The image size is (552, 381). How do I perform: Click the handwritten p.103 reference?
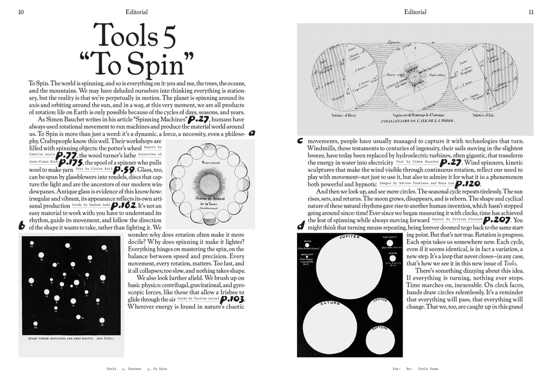coord(233,299)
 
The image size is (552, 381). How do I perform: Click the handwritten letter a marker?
coord(252,133)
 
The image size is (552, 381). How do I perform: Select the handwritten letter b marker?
coord(21,227)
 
